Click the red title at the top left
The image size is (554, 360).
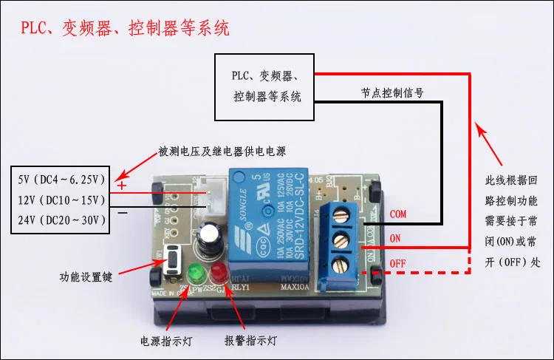[x=125, y=28]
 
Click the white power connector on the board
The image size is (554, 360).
[x=211, y=194]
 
